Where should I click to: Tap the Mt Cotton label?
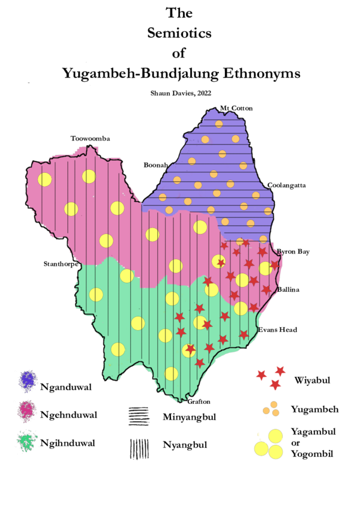(237, 108)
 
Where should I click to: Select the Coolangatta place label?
(287, 185)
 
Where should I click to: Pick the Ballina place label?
(289, 290)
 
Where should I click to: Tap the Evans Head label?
(277, 330)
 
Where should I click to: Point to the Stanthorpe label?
(61, 264)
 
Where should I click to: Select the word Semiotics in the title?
(179, 34)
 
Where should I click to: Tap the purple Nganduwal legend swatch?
(28, 380)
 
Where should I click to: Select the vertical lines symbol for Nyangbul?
(139, 448)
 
